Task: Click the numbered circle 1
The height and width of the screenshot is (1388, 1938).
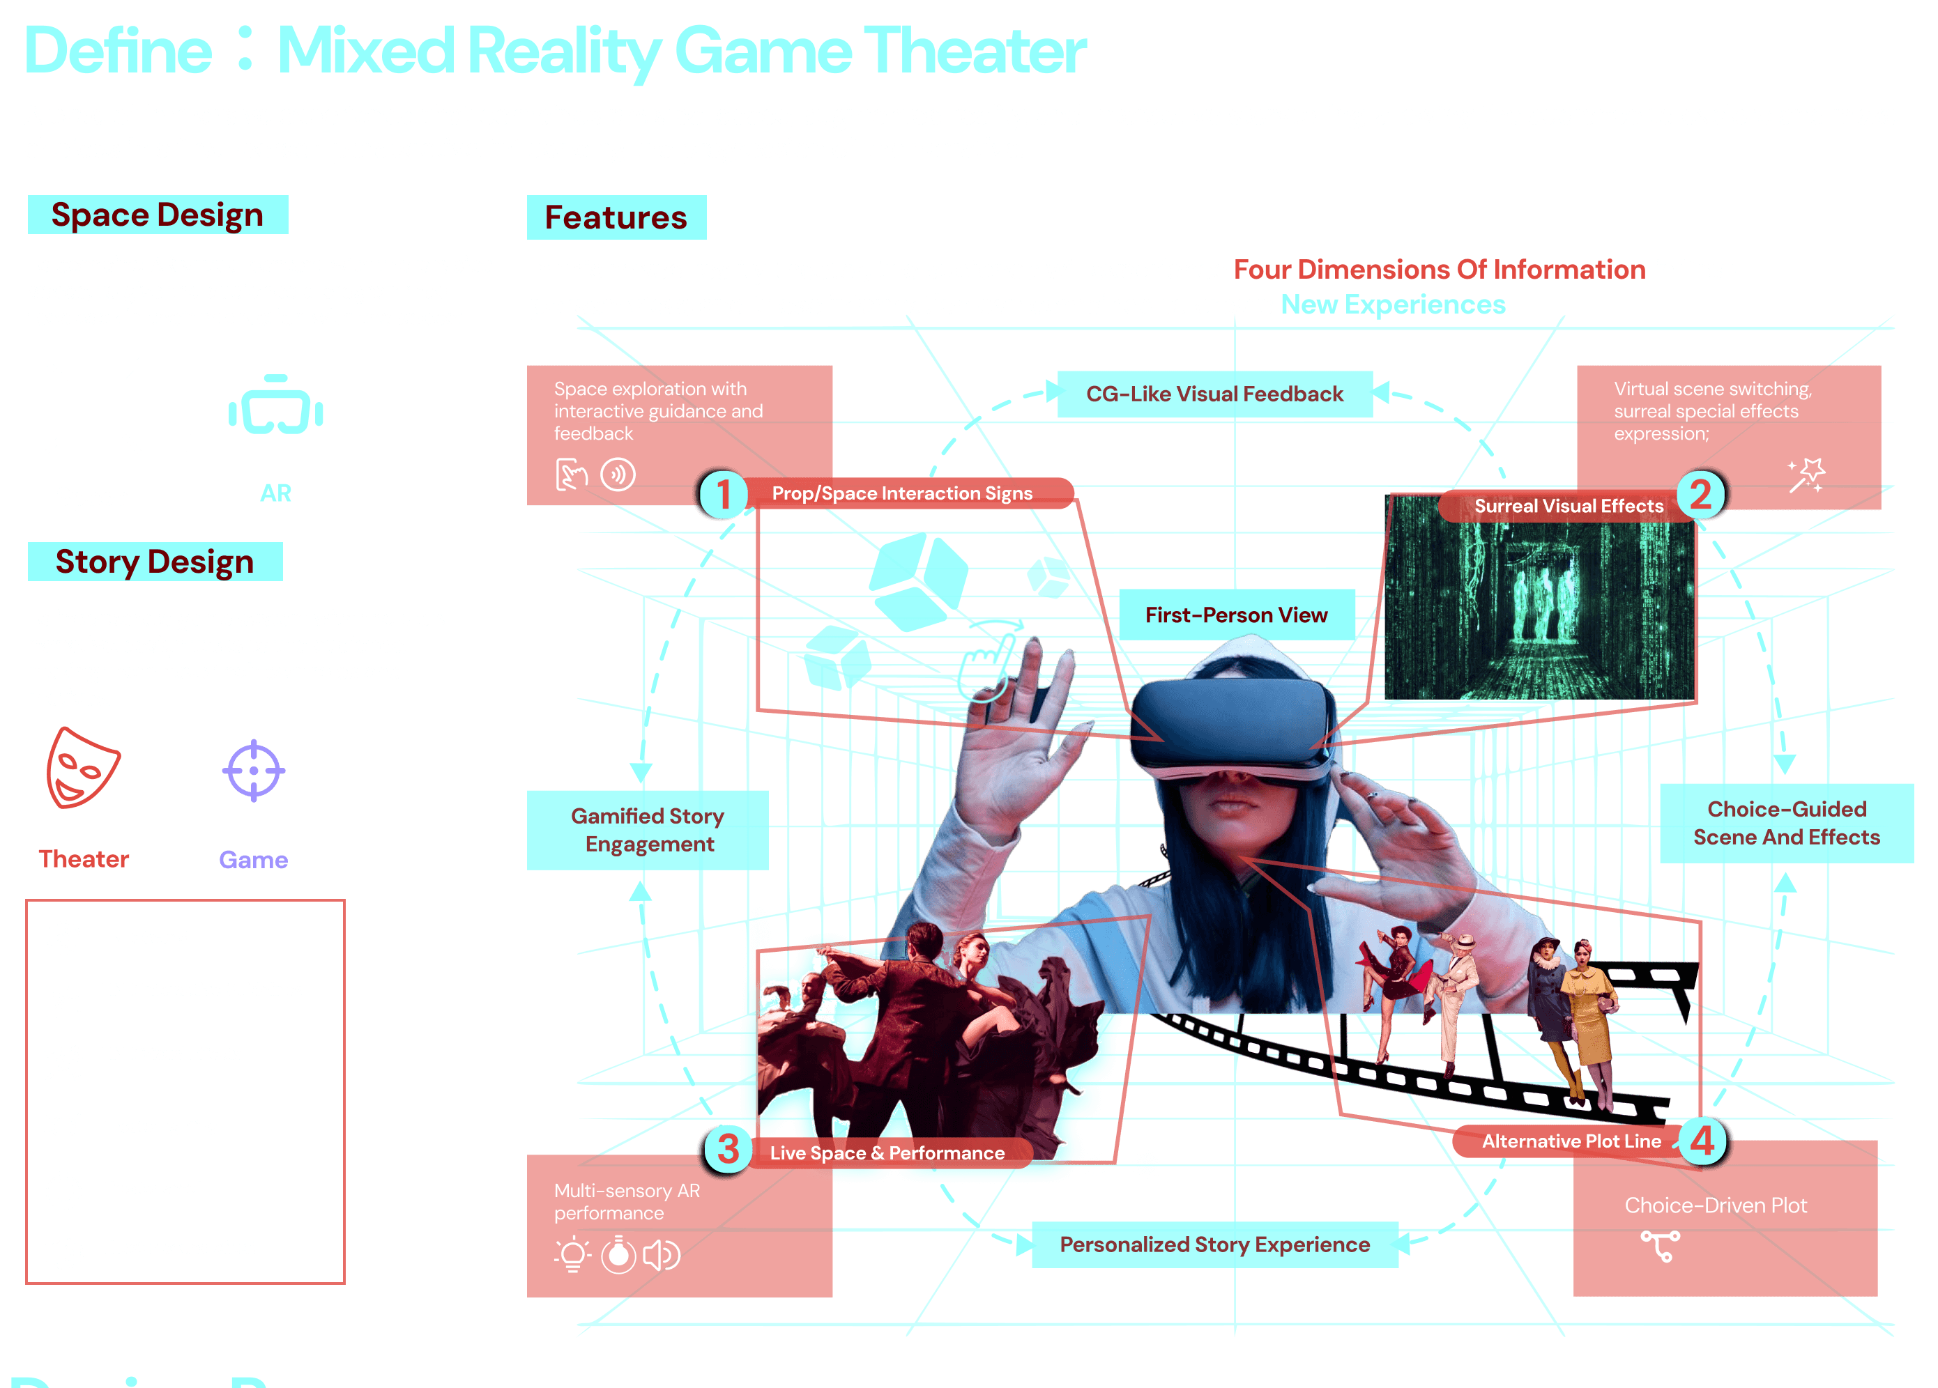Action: point(723,494)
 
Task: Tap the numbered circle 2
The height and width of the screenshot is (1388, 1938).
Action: point(1700,495)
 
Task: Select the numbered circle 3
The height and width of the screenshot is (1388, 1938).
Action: point(727,1149)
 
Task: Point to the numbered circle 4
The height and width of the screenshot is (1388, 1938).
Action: point(1702,1141)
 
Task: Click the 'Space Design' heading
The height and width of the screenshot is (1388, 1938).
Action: point(158,215)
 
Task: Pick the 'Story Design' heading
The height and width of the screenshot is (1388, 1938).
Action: point(155,561)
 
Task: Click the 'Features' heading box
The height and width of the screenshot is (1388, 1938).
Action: point(616,217)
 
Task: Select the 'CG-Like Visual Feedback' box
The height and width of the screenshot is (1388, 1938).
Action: point(1214,394)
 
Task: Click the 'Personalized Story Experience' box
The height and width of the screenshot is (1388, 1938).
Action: point(1214,1244)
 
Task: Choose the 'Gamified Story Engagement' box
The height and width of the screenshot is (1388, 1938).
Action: point(648,829)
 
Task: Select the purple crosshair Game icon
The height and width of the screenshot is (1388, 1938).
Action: point(253,771)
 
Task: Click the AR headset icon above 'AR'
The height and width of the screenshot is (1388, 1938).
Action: point(275,407)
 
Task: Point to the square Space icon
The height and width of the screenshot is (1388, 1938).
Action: point(92,408)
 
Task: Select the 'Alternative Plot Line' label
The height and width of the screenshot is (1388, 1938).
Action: point(1571,1141)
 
